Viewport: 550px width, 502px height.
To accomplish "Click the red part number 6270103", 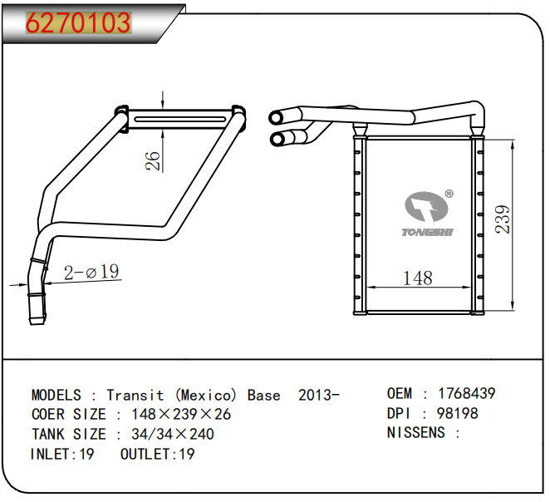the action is (x=79, y=22).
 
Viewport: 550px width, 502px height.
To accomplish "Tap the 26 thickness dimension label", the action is (x=153, y=161).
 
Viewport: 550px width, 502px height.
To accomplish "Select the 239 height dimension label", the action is (x=503, y=219).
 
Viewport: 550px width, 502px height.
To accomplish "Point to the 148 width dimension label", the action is (x=418, y=278).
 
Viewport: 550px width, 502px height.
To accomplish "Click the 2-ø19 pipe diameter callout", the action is (x=91, y=272).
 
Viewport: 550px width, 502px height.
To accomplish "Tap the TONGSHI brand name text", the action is (x=427, y=232).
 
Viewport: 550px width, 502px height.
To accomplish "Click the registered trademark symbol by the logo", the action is (x=449, y=194).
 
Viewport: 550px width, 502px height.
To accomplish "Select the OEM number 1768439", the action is (x=467, y=393).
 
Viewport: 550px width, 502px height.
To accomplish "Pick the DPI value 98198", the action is (x=458, y=413).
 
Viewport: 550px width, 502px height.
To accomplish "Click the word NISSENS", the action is (x=415, y=432).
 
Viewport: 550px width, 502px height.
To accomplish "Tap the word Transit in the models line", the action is (x=135, y=396).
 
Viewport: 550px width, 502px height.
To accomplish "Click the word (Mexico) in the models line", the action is (x=206, y=396).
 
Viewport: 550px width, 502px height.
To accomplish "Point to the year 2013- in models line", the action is (x=319, y=396).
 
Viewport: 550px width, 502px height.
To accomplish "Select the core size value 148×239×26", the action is (x=181, y=414).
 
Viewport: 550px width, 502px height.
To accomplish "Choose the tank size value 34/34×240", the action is (x=173, y=435).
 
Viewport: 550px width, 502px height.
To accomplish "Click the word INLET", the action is (x=51, y=455).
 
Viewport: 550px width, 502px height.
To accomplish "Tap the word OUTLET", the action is (x=145, y=455).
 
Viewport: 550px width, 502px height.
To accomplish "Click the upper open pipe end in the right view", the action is (x=276, y=117).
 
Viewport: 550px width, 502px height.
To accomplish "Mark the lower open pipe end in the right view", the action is (x=277, y=140).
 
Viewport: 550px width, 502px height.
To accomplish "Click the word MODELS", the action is (x=56, y=396).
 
